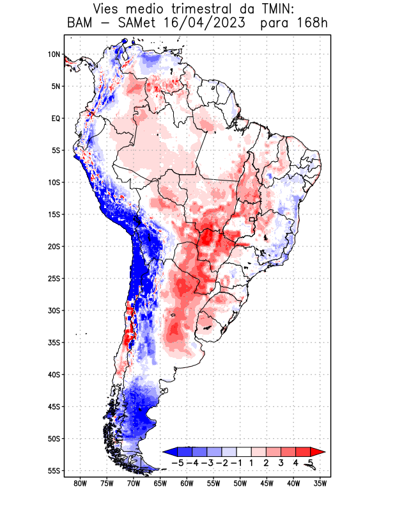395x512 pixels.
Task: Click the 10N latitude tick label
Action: click(x=53, y=54)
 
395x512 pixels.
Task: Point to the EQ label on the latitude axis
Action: click(x=55, y=118)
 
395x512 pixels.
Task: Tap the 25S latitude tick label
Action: click(x=53, y=278)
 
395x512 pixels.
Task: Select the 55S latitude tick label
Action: click(x=53, y=470)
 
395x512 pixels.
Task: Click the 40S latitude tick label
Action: click(x=53, y=374)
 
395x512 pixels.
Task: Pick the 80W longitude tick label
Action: click(x=80, y=483)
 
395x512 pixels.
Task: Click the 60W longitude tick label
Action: click(x=187, y=483)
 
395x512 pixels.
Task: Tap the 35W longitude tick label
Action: click(x=320, y=483)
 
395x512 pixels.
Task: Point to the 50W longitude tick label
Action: click(x=240, y=483)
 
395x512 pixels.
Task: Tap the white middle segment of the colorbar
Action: click(x=244, y=452)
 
